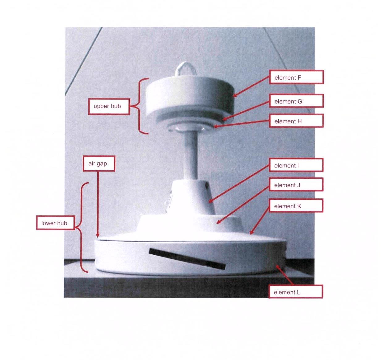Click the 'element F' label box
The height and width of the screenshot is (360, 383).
(x=296, y=77)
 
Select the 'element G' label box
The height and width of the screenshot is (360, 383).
(x=296, y=101)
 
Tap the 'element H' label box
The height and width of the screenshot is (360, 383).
(x=296, y=121)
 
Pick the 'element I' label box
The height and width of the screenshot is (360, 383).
(x=296, y=165)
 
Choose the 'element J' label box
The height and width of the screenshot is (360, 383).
(x=296, y=184)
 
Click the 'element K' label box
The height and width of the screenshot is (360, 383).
(x=296, y=205)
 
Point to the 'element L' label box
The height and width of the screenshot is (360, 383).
(x=296, y=292)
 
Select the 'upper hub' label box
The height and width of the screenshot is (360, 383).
(x=109, y=106)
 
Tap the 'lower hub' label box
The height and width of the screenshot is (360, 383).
(x=55, y=223)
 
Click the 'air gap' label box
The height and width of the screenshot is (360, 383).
(x=99, y=164)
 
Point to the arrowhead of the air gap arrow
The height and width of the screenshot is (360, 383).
(x=98, y=236)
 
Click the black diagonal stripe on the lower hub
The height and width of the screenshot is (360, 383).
(x=187, y=259)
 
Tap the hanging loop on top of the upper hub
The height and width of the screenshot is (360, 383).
(x=186, y=69)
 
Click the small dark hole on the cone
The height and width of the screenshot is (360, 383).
(x=208, y=187)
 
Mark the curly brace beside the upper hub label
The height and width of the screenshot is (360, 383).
(x=139, y=106)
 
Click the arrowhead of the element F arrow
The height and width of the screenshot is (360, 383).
(x=234, y=95)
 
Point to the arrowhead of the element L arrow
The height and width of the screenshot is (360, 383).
(x=277, y=267)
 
